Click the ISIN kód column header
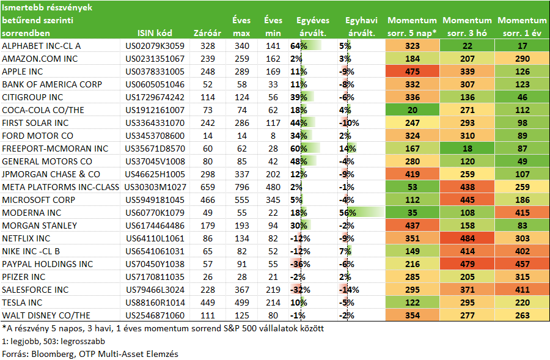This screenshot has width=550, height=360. [x=155, y=33]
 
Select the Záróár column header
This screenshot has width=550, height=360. [x=207, y=33]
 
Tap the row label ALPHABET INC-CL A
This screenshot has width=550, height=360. [x=42, y=46]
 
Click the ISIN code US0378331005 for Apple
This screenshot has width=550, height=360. [x=155, y=72]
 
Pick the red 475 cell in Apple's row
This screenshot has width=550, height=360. [x=412, y=72]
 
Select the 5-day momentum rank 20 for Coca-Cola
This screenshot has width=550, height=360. [x=412, y=110]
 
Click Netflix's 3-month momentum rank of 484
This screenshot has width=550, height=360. [x=468, y=238]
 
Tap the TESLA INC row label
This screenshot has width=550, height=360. [x=22, y=303]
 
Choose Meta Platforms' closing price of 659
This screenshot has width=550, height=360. [x=208, y=187]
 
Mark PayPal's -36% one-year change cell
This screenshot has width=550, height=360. [x=300, y=264]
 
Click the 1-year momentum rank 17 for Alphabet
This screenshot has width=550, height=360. [x=522, y=46]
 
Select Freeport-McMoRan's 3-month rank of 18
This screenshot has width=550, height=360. [x=468, y=149]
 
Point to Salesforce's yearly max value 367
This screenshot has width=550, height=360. [x=242, y=290]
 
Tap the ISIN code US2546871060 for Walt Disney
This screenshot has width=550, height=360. [x=155, y=316]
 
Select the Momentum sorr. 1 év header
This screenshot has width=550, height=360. [x=522, y=27]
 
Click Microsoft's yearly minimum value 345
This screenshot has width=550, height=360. [x=273, y=200]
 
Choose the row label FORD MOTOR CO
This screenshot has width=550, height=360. [x=37, y=136]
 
